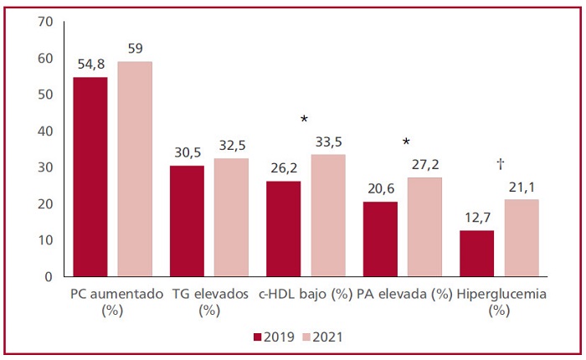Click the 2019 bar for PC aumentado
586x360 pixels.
(x=90, y=177)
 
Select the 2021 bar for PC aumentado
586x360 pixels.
(x=135, y=169)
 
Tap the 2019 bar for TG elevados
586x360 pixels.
(x=187, y=221)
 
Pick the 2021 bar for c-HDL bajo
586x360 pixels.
(x=328, y=215)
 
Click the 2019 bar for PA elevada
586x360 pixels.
(x=380, y=239)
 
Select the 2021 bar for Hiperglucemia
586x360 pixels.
(x=522, y=238)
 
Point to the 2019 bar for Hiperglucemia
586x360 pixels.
(x=477, y=253)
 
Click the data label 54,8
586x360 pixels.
(x=90, y=64)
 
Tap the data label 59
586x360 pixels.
(x=135, y=49)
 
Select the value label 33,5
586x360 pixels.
(x=328, y=141)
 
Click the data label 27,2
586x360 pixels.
(x=425, y=164)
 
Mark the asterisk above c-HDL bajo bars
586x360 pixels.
(x=304, y=120)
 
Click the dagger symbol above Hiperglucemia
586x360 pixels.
(x=500, y=164)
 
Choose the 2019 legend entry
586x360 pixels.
(x=271, y=337)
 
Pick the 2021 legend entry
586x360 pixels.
(x=321, y=337)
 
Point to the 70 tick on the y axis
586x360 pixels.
(x=44, y=21)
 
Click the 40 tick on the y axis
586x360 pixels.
(x=44, y=131)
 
